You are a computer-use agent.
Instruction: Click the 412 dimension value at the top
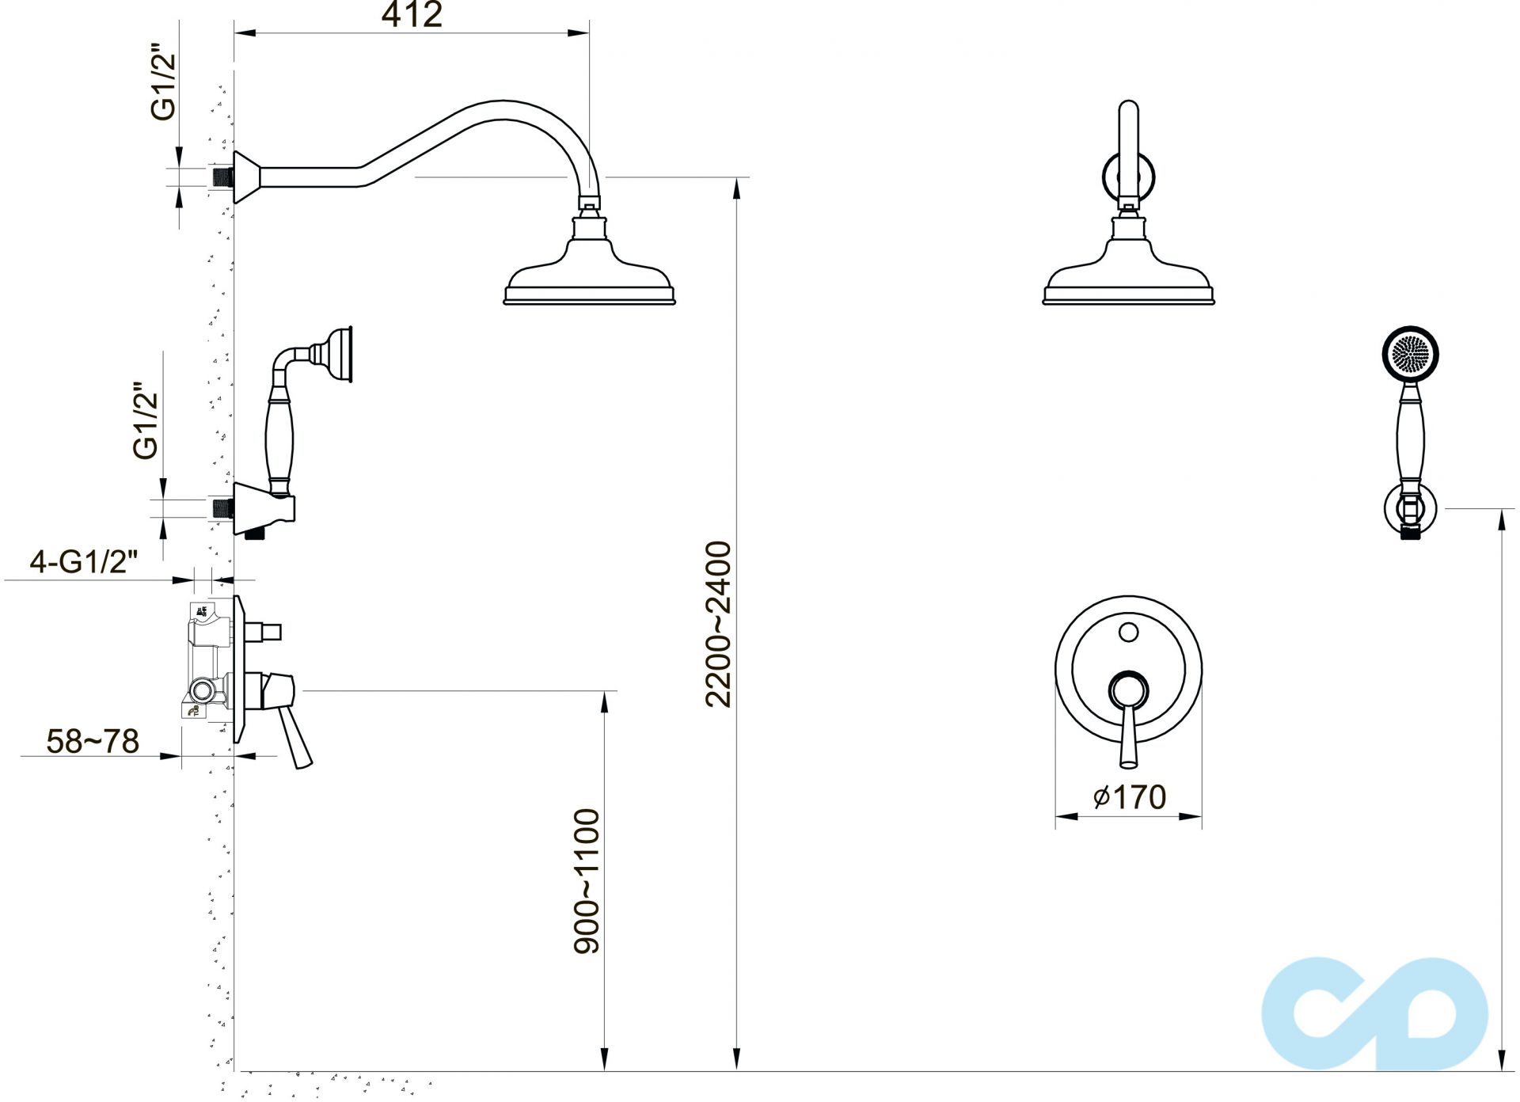click(412, 15)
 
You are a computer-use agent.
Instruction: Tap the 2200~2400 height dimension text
click(719, 624)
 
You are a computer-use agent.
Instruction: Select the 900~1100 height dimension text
click(587, 880)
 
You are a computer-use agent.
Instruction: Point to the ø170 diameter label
click(1130, 796)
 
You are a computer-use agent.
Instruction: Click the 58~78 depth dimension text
click(93, 742)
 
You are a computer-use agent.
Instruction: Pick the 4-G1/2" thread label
click(84, 562)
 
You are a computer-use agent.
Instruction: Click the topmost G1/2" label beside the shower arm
click(164, 86)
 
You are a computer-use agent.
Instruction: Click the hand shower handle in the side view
click(279, 435)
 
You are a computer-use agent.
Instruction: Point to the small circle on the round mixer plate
click(1129, 633)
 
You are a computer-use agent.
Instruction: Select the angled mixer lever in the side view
click(297, 736)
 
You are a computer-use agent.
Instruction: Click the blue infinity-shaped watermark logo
click(1374, 1013)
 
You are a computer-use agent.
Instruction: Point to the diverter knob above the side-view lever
click(264, 632)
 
